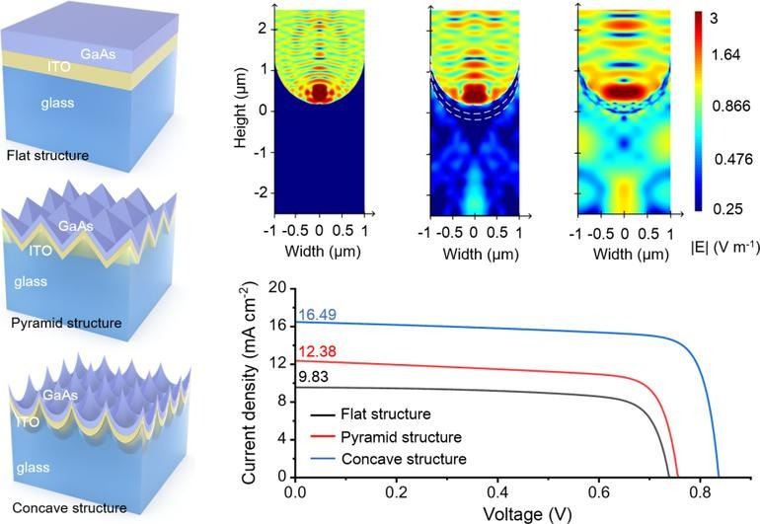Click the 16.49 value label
316,315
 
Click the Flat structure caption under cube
46,156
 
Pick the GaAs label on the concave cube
54,394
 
